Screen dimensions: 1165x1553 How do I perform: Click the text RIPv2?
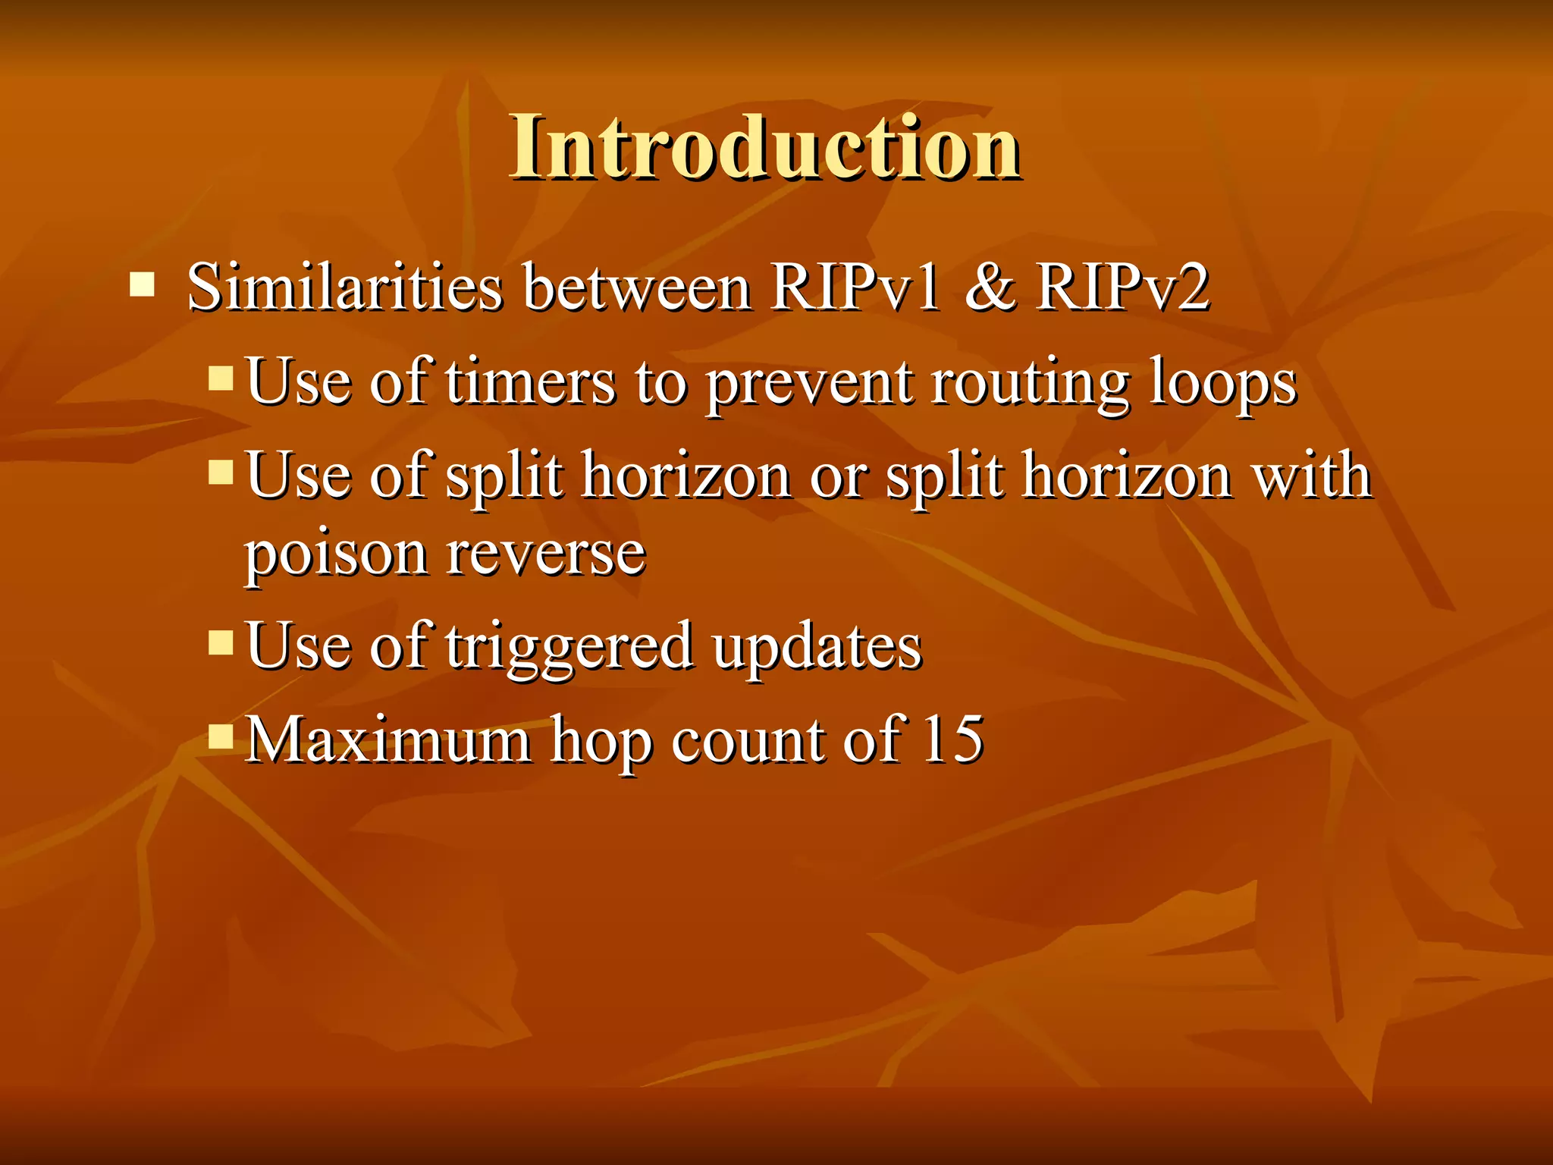pyautogui.click(x=1122, y=288)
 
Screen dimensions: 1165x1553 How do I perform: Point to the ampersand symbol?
pyautogui.click(x=990, y=288)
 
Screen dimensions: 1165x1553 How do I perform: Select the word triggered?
pyautogui.click(x=569, y=648)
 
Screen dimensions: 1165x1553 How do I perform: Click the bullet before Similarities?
pyautogui.click(x=142, y=285)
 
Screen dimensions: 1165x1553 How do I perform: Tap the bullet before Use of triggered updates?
pyautogui.click(x=221, y=642)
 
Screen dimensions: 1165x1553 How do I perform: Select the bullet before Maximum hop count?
pyautogui.click(x=221, y=736)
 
